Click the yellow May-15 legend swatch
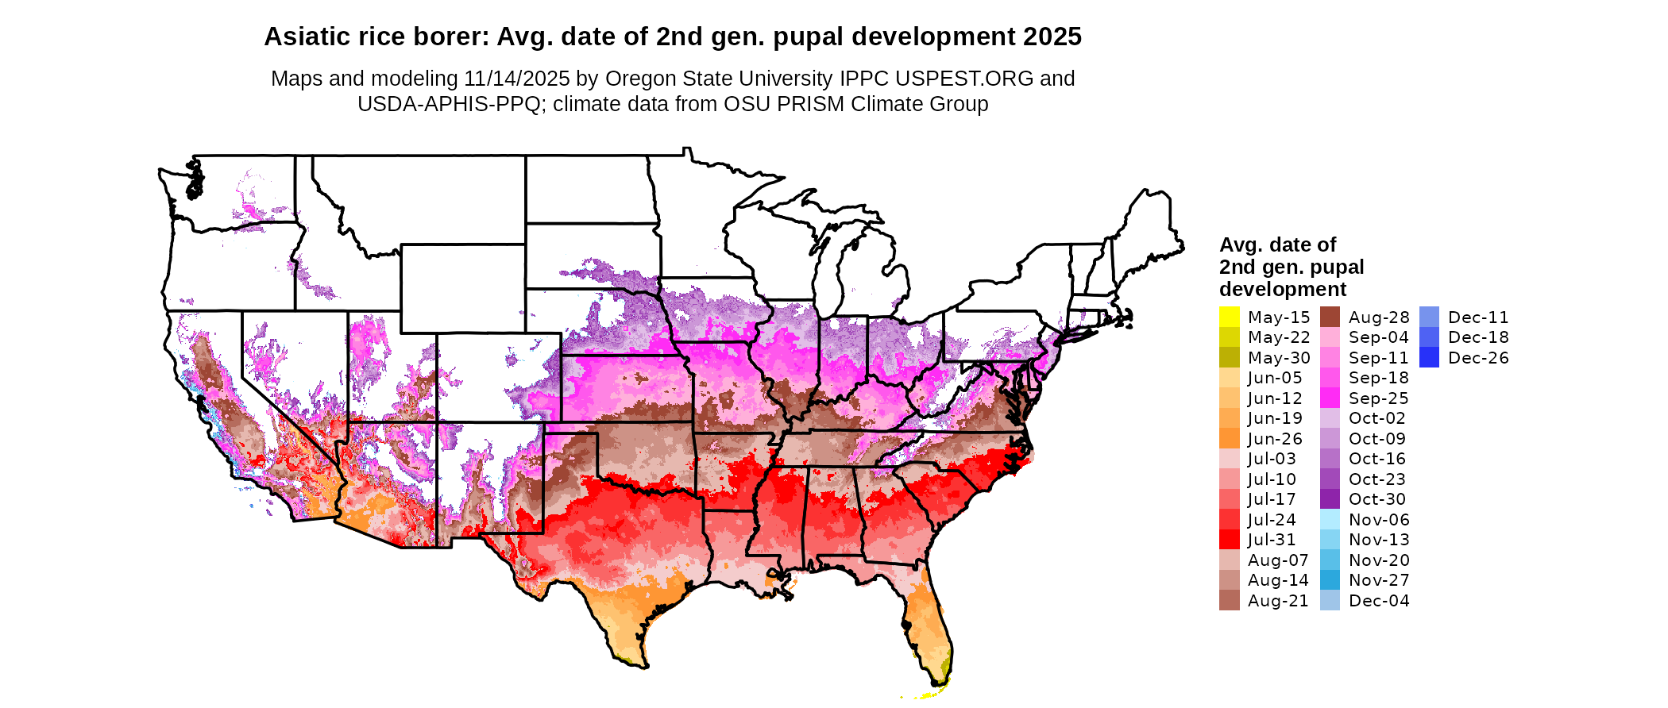coord(1229,317)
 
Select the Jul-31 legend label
coord(1272,540)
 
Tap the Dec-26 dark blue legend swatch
coord(1429,357)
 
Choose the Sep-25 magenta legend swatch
coord(1330,398)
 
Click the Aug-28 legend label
coord(1378,317)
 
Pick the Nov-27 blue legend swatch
coord(1330,580)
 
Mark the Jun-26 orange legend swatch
coord(1229,438)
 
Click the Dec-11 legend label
coord(1477,317)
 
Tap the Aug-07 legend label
coord(1277,560)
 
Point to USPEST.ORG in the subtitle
coord(964,79)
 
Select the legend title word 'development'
coord(1283,289)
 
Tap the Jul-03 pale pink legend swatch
coord(1229,459)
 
